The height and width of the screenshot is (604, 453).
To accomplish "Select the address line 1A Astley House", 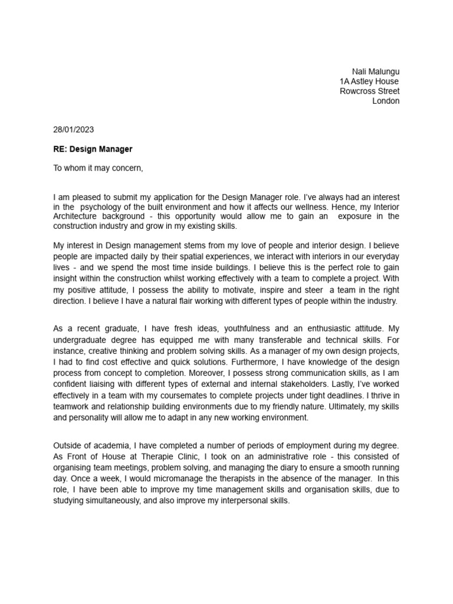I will (x=369, y=81).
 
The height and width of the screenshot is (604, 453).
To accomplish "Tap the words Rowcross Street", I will (x=370, y=91).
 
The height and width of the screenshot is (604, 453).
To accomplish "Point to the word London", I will (x=386, y=101).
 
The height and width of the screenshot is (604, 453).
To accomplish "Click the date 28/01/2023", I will (x=73, y=130).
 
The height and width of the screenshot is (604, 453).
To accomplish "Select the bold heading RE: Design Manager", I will (x=93, y=149).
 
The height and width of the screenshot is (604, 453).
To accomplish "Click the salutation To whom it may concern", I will (x=99, y=168).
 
